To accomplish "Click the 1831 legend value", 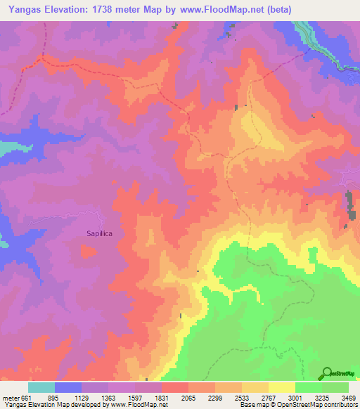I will [162, 397].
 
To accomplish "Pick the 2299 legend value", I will [215, 397].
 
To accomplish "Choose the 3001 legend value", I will [295, 397].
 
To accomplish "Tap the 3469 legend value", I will [348, 397].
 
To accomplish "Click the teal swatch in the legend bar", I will [41, 387].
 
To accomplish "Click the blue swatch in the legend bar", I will [68, 387].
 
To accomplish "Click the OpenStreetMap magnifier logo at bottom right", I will [328, 374].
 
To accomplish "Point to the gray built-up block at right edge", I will [349, 203].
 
